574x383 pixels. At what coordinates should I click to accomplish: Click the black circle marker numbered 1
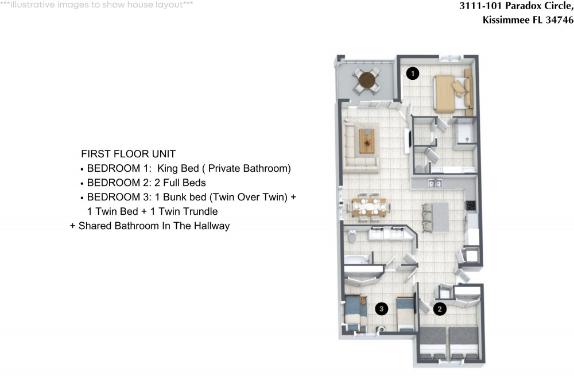412,73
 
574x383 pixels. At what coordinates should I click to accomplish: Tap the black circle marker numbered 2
440,309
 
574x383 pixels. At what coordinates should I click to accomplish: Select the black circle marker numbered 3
381,309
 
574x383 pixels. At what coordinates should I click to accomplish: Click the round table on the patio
366,80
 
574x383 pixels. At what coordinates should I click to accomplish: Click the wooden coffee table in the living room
367,141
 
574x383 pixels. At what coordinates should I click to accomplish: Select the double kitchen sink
434,183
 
